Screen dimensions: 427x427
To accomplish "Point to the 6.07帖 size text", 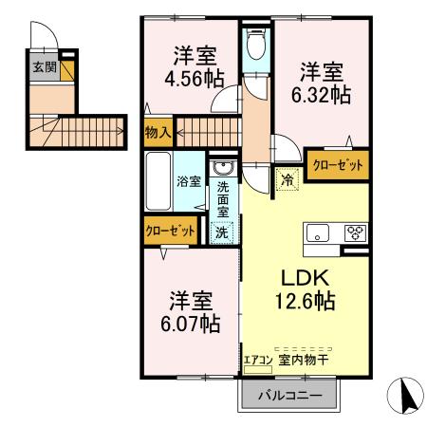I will click(188, 324).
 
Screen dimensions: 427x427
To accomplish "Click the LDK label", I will click(303, 279).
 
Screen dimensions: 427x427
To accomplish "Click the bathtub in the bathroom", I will click(158, 179).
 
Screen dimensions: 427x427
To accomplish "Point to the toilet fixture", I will click(254, 43).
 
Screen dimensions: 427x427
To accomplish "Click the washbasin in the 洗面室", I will click(223, 170).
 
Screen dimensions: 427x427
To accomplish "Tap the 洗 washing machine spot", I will click(221, 231).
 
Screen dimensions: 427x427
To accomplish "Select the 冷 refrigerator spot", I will click(288, 176).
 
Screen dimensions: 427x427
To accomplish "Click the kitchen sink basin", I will click(317, 232).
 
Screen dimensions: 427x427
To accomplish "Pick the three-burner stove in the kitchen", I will click(354, 232).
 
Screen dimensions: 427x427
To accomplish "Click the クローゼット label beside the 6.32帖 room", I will click(338, 164).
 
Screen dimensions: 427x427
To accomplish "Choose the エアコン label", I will click(257, 360).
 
